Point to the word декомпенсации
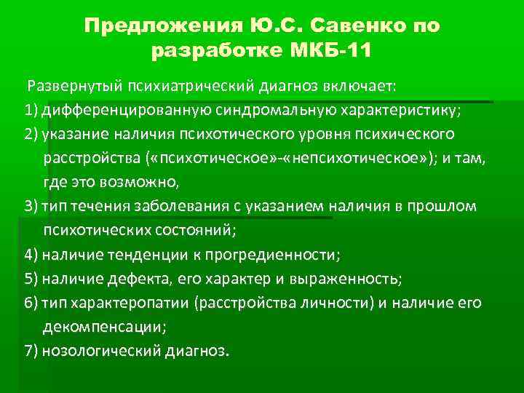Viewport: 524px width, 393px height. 103,327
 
